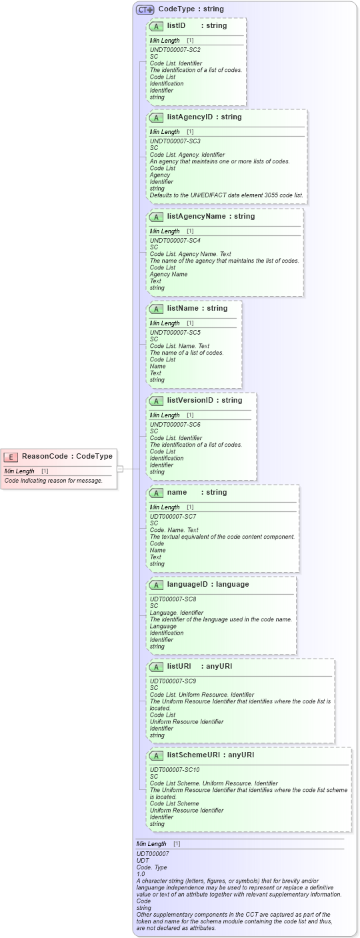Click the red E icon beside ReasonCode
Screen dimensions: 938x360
coord(11,457)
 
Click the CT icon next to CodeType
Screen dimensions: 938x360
coord(145,9)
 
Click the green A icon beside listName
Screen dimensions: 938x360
coord(156,309)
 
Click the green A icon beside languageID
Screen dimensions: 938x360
coord(156,585)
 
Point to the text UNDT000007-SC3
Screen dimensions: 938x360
coord(175,141)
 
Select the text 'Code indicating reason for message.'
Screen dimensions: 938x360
coord(53,480)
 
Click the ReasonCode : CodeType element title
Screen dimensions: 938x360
coord(67,456)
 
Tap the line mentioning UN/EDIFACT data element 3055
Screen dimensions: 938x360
coord(226,195)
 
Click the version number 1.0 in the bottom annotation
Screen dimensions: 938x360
coord(141,873)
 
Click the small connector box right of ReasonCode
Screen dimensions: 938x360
coord(120,469)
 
